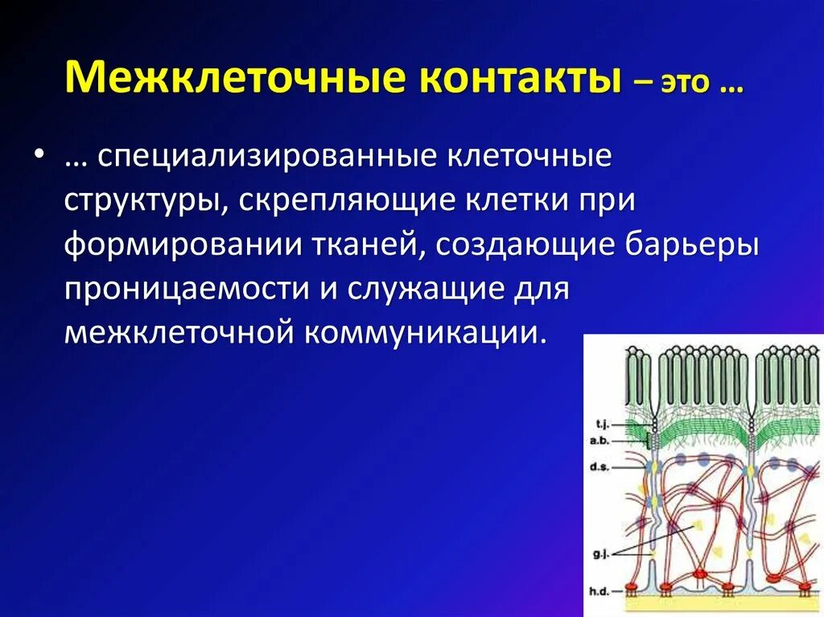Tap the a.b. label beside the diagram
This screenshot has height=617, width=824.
[x=601, y=440]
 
